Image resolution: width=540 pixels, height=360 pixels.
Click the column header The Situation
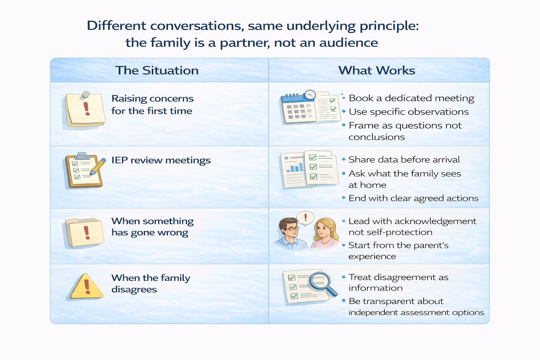157,70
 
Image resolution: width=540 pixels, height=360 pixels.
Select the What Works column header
377,70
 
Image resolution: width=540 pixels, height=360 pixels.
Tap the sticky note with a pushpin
85,109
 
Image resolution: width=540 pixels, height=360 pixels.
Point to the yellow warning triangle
86,287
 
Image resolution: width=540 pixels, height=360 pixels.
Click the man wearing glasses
290,233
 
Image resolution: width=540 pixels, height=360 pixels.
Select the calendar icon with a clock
299,107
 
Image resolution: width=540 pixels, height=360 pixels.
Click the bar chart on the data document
295,166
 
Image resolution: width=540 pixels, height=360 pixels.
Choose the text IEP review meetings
161,160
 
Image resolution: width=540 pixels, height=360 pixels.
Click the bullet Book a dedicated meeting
411,98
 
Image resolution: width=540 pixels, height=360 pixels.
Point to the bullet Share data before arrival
404,160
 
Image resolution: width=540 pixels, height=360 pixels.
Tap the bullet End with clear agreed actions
413,198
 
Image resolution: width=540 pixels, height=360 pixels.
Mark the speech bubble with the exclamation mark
305,218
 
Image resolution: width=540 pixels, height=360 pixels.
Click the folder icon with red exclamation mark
84,233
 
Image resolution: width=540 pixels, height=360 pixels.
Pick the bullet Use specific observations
409,112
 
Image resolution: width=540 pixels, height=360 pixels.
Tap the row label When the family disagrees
150,283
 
